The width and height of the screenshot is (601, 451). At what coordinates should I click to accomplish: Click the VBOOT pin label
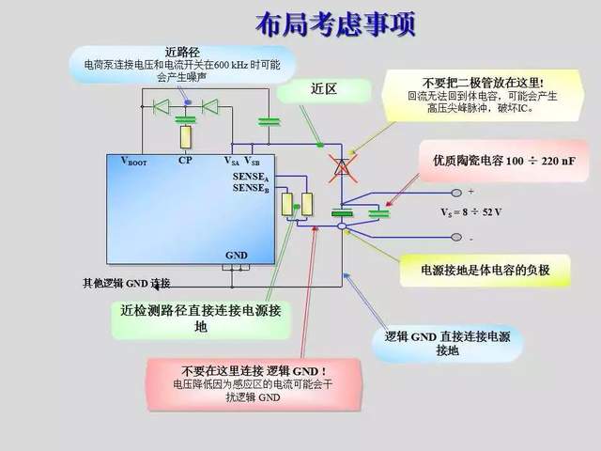pos(133,162)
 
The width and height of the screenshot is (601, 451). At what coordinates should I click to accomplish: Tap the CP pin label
pos(185,161)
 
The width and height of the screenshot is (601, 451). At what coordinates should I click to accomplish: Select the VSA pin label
pos(231,162)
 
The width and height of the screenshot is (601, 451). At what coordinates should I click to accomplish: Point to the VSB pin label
pos(252,162)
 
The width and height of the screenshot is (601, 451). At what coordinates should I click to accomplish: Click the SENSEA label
pos(251,178)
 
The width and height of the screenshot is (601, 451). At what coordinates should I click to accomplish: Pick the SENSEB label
pos(251,189)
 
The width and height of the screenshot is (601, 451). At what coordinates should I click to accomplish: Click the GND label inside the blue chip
pos(236,256)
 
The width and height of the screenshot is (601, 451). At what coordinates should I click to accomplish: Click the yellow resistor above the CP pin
pos(187,137)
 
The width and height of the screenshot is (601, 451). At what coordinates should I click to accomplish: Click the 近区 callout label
pos(323,88)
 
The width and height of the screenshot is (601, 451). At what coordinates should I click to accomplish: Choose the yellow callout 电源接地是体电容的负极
pos(485,271)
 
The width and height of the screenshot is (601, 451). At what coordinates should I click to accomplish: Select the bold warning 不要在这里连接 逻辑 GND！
pos(254,371)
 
